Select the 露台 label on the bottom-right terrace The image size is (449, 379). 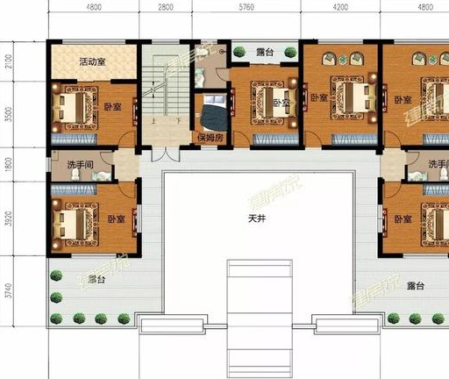point(416,286)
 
